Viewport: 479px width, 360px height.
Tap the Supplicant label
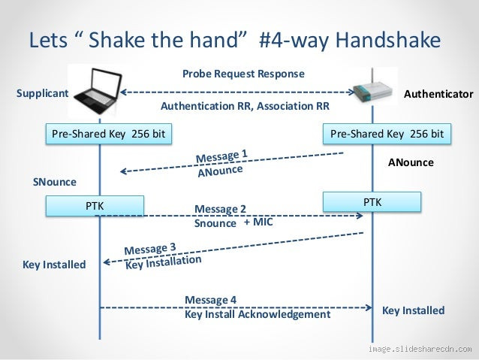coord(42,94)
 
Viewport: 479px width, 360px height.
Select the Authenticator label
coord(438,95)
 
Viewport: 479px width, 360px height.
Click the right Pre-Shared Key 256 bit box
coord(387,135)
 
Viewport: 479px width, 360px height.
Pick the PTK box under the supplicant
coord(95,204)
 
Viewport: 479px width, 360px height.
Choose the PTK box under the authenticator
coord(372,202)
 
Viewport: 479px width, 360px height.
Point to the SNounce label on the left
coord(55,182)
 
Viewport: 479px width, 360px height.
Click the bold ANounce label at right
coord(411,162)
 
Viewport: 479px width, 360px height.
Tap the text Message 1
coord(221,156)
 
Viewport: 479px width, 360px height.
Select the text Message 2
coord(220,208)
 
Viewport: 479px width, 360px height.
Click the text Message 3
coord(150,248)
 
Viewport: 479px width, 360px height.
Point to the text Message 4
coord(210,300)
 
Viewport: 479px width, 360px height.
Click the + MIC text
coord(258,222)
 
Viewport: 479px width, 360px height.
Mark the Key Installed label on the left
coord(54,265)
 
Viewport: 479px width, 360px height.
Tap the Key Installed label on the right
coord(413,310)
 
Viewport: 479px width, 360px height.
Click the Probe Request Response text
coord(243,74)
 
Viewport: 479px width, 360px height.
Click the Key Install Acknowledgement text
coord(257,314)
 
